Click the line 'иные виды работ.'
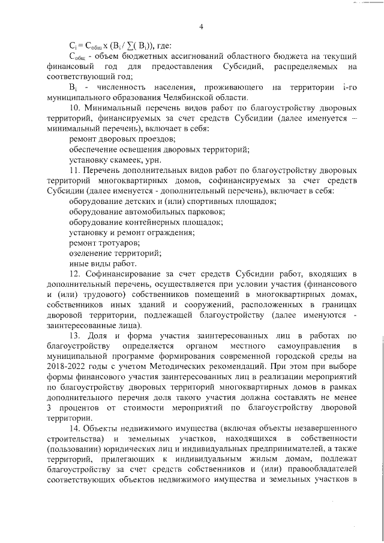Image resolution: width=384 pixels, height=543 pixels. click(103, 264)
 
